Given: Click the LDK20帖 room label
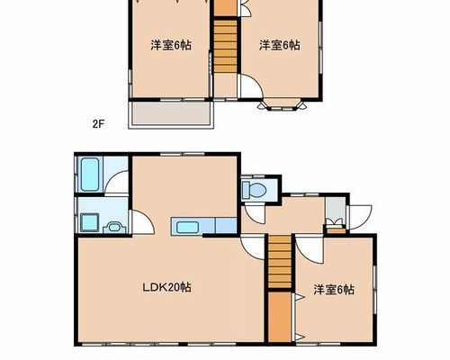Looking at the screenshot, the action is coord(166,288).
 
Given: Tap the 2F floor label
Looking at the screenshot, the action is coord(98,124).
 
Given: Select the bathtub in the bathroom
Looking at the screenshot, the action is coord(90,175).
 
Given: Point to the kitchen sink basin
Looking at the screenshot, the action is coord(187,227).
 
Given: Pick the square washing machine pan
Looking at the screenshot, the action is coord(89,222).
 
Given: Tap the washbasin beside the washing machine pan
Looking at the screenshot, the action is coord(114,228).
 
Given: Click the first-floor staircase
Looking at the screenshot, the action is coord(280,262).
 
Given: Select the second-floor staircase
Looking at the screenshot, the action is coord(225,46).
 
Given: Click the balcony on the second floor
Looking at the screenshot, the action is coord(171,115).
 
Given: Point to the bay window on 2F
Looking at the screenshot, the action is coord(283,104).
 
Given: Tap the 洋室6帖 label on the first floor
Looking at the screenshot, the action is coord(334,290).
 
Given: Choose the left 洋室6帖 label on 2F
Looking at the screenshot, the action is coord(171,45).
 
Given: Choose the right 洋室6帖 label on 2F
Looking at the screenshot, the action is coord(280,45).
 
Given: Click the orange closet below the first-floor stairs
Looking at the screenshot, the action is coord(280,317).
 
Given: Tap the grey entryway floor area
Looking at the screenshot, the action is coord(336,211).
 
